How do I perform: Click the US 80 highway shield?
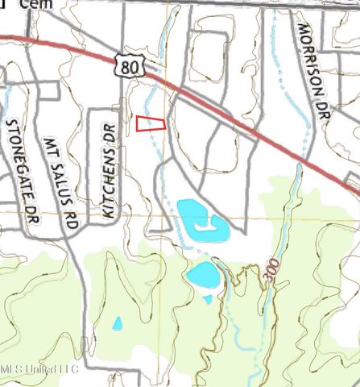(131, 67)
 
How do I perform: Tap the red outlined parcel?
(150, 123)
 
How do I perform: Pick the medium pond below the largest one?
(202, 275)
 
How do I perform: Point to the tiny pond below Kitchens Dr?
(118, 323)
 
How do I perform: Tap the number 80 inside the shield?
(131, 69)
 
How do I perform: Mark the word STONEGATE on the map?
(19, 164)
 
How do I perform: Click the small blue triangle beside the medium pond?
(208, 298)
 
